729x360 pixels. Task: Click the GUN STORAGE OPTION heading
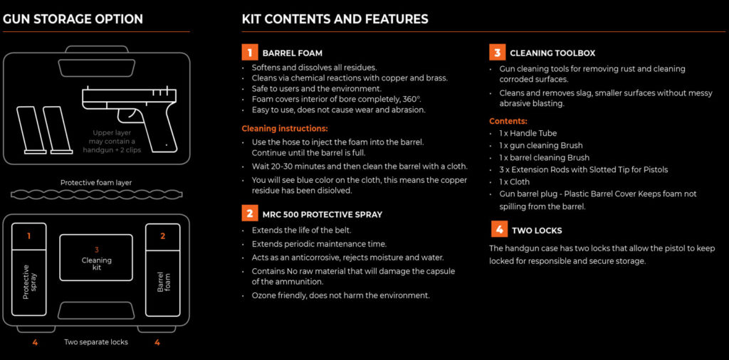(73, 19)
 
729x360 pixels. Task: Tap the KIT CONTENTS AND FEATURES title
(335, 19)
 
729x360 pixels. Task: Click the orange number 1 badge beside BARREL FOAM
(248, 53)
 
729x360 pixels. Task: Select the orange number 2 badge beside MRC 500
(248, 213)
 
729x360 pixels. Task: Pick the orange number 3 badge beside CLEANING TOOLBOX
(497, 53)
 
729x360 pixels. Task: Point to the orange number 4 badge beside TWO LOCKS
(498, 230)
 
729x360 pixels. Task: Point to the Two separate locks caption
(96, 342)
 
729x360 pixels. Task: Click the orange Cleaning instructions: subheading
(285, 129)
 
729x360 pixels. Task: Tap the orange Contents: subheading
(508, 121)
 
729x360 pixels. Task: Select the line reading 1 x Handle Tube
(528, 133)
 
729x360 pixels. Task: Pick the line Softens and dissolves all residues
(314, 68)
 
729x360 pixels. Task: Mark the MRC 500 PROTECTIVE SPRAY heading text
(322, 213)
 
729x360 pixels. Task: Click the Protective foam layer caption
(96, 183)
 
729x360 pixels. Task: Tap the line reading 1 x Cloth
(515, 181)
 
